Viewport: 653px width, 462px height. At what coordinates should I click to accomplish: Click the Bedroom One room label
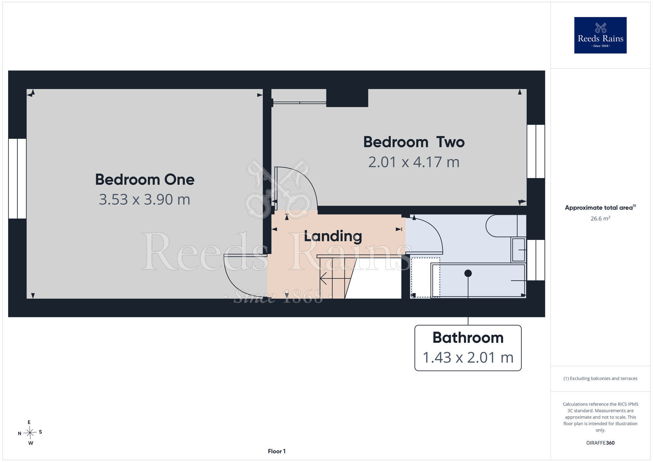tap(145, 179)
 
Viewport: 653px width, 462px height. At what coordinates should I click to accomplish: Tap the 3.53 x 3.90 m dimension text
tap(145, 199)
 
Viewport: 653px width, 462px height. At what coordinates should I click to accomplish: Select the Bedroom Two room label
tap(414, 142)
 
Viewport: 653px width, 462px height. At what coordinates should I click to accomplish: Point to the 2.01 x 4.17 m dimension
tap(414, 162)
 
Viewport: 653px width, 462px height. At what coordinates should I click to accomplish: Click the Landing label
tap(333, 236)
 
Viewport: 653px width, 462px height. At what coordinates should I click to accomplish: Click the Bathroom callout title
tap(468, 338)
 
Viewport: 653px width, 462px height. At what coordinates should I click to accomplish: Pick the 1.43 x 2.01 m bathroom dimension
tap(468, 357)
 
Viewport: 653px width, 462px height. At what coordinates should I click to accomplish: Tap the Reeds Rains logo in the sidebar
tap(600, 35)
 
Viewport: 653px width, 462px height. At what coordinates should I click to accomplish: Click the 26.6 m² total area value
tap(600, 218)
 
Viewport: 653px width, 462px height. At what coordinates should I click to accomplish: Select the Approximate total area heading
tap(600, 207)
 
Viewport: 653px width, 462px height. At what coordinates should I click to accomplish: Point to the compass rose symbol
tap(30, 433)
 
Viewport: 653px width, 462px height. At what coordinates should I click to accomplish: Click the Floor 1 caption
tap(277, 451)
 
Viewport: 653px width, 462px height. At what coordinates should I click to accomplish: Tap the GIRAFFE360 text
tap(600, 443)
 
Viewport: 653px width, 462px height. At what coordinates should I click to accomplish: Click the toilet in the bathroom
tap(506, 225)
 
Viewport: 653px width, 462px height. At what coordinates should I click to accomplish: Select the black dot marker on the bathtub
tap(468, 273)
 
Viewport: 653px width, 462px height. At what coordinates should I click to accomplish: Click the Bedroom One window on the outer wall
tap(17, 178)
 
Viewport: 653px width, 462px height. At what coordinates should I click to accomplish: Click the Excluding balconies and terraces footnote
tap(600, 378)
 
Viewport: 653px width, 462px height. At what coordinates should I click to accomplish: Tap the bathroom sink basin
tap(518, 250)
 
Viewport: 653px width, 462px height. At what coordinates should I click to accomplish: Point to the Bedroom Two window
tap(536, 151)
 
